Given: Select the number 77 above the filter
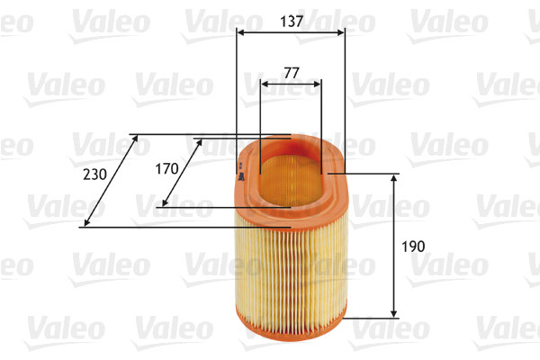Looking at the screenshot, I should coord(290,72).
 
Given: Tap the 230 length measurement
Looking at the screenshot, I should coord(93,174).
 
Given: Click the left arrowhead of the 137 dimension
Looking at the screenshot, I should coord(240,33).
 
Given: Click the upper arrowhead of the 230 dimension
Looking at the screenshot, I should coord(134,139).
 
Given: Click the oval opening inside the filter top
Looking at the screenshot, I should coord(290,171).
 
